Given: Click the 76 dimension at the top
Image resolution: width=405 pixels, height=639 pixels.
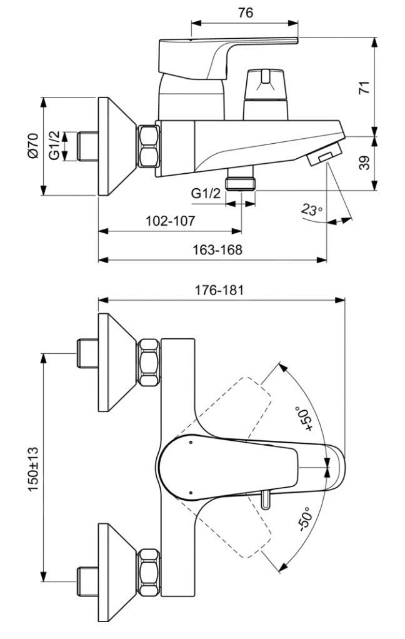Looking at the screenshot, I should click(245, 13).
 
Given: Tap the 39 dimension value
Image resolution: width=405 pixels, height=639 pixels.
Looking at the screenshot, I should click(364, 163).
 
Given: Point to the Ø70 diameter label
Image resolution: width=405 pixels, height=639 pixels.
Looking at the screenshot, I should click(33, 147).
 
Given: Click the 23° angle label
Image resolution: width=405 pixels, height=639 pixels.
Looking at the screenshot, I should click(311, 209).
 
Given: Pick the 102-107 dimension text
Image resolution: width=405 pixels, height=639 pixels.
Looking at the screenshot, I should click(170, 221).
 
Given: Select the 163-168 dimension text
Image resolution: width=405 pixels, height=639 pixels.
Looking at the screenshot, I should click(218, 249).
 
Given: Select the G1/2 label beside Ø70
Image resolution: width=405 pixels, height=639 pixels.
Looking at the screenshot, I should click(54, 146).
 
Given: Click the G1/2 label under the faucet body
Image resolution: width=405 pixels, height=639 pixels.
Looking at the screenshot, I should click(206, 194).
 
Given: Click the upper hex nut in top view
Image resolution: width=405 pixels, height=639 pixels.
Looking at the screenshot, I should click(148, 362).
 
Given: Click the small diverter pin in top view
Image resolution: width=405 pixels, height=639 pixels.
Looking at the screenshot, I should click(266, 500).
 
